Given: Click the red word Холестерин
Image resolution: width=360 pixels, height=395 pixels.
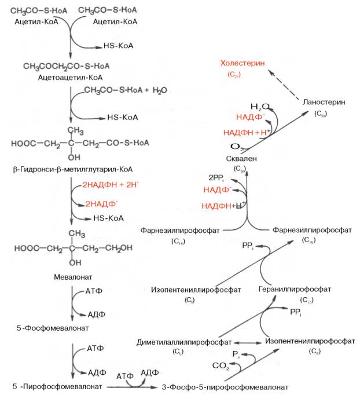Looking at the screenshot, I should point(243,63).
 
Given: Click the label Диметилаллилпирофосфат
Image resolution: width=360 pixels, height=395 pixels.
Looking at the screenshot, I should point(184,342).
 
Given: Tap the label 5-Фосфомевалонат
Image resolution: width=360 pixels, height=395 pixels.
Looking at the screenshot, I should point(53,328).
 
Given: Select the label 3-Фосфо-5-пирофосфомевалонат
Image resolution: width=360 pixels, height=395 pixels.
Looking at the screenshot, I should point(226,386).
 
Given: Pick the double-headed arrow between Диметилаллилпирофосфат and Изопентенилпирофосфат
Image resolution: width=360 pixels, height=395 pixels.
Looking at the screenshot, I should point(247,342).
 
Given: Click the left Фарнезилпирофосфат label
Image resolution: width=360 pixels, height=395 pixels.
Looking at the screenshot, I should point(180,230).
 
